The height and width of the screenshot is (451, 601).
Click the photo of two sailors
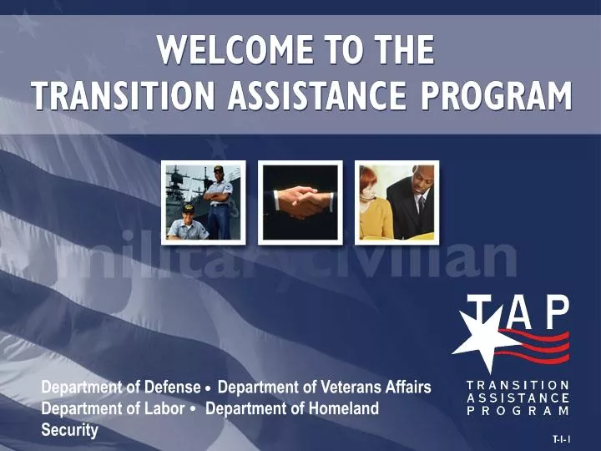point(203,202)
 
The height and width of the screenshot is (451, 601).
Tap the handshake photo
point(300,202)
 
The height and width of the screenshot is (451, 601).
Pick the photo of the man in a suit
point(397,202)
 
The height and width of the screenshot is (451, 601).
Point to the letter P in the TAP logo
point(554,314)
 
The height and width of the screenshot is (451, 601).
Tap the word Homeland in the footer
point(345,409)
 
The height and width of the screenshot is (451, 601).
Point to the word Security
point(70,431)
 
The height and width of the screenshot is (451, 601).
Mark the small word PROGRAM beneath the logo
point(518,411)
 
